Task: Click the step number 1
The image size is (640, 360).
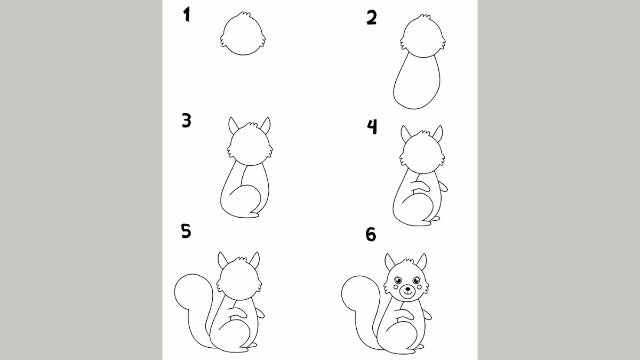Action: (187, 15)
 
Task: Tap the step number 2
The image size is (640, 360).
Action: (372, 18)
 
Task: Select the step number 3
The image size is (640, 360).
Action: (186, 121)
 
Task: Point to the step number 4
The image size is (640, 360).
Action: (372, 126)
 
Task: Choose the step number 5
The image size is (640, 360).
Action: (186, 231)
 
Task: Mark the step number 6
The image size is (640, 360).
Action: (371, 234)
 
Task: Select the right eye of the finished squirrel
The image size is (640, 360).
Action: (416, 280)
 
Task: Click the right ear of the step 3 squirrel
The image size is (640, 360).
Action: (265, 126)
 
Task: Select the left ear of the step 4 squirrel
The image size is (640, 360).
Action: (405, 133)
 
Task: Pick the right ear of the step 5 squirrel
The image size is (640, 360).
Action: (255, 260)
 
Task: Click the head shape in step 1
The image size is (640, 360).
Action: (243, 36)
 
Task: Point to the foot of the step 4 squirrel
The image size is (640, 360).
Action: (435, 219)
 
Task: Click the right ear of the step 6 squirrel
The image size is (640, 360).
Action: (421, 262)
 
